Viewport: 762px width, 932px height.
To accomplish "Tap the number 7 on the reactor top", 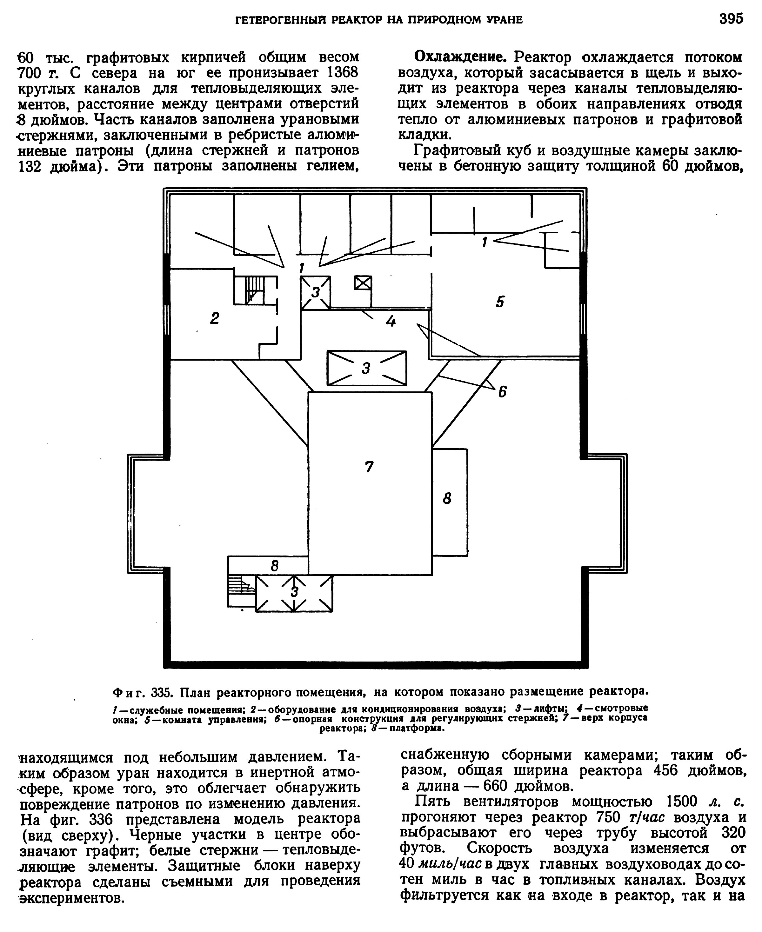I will pyautogui.click(x=369, y=466).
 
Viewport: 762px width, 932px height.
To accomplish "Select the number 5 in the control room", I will pyautogui.click(x=500, y=302).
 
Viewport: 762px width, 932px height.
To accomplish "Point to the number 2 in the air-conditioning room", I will pyautogui.click(x=214, y=318).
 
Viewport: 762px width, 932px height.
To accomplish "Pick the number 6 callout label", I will pyautogui.click(x=502, y=391).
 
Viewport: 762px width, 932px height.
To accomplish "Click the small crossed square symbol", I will pyautogui.click(x=363, y=283).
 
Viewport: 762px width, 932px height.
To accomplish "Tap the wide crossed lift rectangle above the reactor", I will pyautogui.click(x=366, y=368).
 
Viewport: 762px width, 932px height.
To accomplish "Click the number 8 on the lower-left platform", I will pyautogui.click(x=275, y=566).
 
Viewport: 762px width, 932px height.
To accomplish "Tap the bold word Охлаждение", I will pyautogui.click(x=461, y=57).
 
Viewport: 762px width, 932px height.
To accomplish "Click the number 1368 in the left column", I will pyautogui.click(x=343, y=72).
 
